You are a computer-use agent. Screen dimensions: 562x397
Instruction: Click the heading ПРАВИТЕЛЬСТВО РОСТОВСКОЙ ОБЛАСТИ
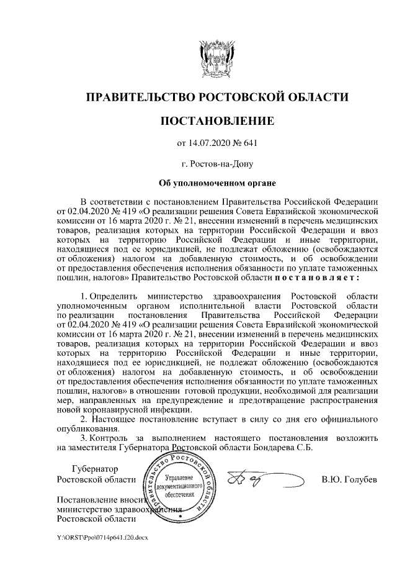(x=216, y=97)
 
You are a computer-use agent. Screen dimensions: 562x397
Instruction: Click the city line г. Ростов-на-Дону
(x=216, y=165)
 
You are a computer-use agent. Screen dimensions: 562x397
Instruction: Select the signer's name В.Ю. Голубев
(x=349, y=479)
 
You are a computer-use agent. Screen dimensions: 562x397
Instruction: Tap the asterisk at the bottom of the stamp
(x=179, y=516)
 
